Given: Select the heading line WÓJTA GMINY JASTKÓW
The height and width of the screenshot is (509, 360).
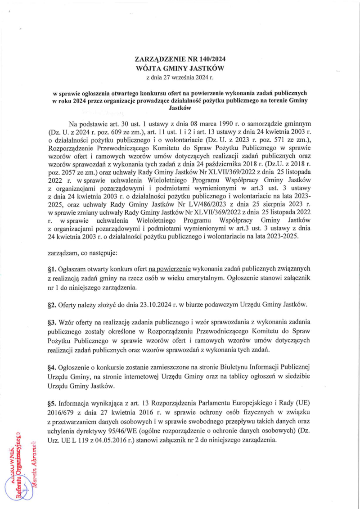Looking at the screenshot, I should click(180, 68).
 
